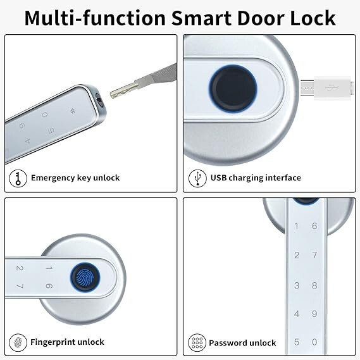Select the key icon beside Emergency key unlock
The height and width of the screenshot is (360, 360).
tap(18, 178)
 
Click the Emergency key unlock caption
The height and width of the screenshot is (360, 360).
tap(75, 178)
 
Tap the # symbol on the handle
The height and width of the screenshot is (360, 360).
tap(73, 113)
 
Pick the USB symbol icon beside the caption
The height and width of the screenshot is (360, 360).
tap(197, 178)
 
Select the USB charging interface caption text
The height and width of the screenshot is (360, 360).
tap(256, 178)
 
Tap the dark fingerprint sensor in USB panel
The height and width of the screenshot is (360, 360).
tap(233, 87)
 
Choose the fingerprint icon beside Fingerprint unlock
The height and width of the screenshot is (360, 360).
tap(18, 342)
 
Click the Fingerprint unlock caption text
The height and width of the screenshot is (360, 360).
tap(67, 342)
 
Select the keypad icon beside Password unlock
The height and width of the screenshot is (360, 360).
tap(197, 342)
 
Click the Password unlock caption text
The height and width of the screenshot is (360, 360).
tap(242, 342)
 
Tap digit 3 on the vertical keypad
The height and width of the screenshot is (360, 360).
tap(297, 285)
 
